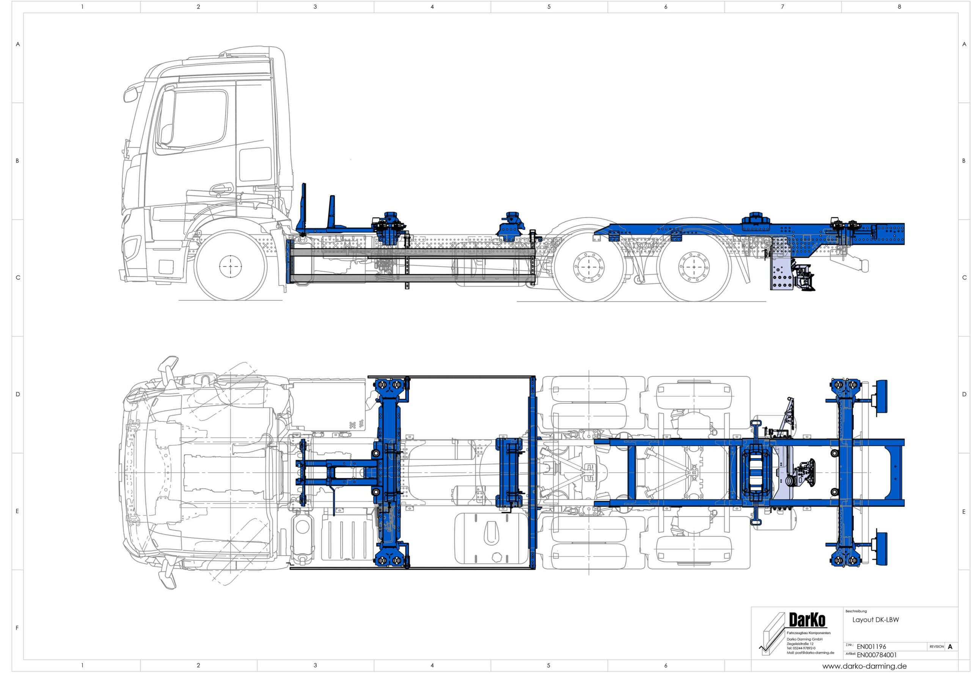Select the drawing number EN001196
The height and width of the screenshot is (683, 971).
click(871, 647)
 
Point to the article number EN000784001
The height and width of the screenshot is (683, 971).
click(877, 655)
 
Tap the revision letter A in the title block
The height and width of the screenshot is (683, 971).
click(950, 647)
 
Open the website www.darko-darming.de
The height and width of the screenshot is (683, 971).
click(864, 667)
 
